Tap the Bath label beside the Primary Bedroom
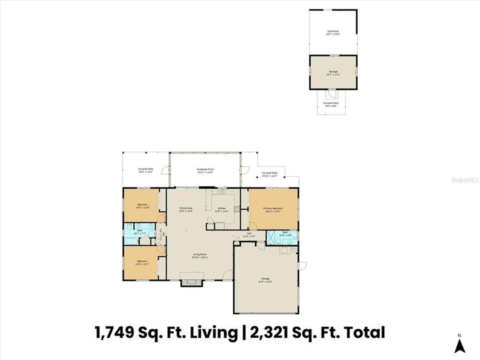pos(285,232)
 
